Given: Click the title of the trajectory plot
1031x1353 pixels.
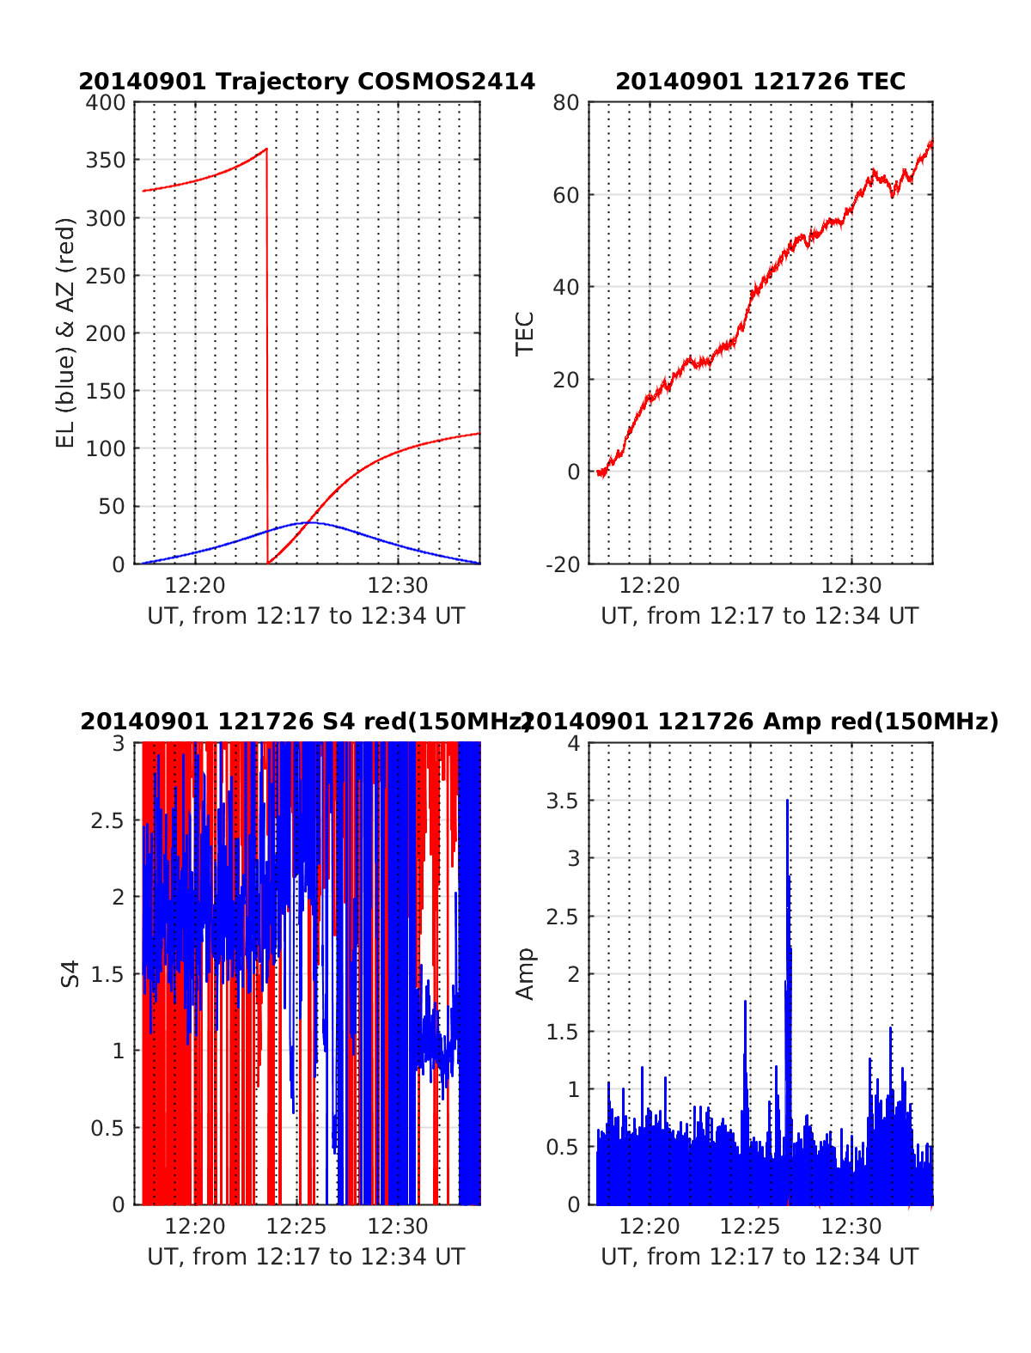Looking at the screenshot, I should coord(307,82).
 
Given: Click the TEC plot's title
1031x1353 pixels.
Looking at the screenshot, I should coord(760,82).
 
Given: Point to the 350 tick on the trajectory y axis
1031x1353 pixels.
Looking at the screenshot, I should coord(106,161).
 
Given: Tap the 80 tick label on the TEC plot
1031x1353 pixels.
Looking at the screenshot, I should coord(568,103).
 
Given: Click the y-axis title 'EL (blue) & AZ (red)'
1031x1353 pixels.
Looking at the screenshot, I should coord(66,332).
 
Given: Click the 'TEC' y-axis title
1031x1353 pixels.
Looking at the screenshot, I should coord(524,333).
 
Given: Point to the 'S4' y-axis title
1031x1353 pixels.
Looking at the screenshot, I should coord(70,973).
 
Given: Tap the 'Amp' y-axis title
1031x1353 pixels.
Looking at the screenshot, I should coord(524,973).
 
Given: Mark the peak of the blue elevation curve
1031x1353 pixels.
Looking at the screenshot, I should coord(308,522).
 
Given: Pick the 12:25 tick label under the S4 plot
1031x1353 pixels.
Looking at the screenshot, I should coord(296,1226).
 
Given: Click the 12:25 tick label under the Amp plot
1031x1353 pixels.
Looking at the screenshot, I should coord(750,1226).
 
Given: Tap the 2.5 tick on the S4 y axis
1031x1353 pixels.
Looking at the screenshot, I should coord(107,820).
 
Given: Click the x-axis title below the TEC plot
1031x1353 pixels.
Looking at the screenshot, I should coord(760,616).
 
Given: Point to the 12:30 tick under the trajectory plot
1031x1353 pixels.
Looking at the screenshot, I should coord(398,586).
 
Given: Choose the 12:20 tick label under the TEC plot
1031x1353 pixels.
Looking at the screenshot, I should coord(650,586).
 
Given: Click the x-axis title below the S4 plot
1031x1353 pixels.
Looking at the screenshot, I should coord(306,1257).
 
